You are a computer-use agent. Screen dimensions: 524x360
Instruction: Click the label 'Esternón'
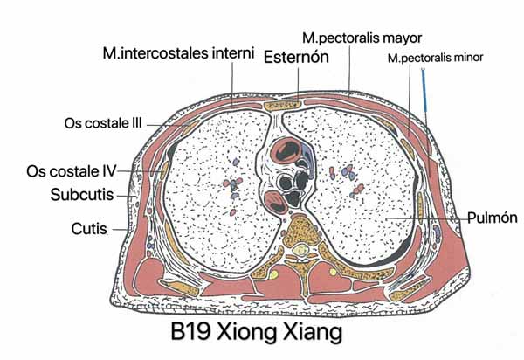[x=296, y=57]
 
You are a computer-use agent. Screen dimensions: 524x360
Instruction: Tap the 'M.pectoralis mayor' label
[x=362, y=38]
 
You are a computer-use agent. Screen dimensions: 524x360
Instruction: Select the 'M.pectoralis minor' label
[x=435, y=58]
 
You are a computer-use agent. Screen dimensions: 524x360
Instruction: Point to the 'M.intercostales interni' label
[x=178, y=53]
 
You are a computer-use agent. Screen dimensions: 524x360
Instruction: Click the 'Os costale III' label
[x=103, y=123]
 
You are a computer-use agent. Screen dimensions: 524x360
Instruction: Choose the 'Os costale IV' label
[x=72, y=171]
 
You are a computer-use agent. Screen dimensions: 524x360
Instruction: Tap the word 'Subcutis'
[x=82, y=195]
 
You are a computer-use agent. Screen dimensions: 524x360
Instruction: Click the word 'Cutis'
[x=89, y=229]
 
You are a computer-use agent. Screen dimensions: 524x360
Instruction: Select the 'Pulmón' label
[x=493, y=218]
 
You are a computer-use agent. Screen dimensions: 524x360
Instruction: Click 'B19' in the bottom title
[x=190, y=332]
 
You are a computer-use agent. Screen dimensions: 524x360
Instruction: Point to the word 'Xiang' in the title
[x=313, y=333]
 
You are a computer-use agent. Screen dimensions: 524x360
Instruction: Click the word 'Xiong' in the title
[x=247, y=333]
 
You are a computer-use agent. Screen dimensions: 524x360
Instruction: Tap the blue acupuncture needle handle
[x=424, y=90]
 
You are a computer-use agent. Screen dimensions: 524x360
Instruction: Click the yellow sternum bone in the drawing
[x=282, y=106]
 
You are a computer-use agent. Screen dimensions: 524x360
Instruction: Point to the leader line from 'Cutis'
[x=120, y=230]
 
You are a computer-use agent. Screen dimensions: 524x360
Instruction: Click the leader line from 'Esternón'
[x=299, y=83]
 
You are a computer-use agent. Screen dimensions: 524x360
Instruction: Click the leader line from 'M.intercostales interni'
[x=232, y=84]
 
